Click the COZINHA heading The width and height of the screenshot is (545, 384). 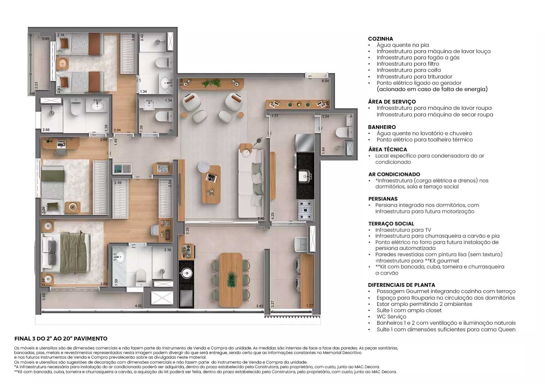tap(380, 39)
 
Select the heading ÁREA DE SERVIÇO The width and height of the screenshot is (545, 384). tap(392, 102)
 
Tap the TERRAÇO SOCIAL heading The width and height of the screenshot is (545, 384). tap(391, 223)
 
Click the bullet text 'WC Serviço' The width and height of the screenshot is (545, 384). tap(392, 317)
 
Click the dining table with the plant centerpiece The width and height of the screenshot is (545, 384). tap(231, 280)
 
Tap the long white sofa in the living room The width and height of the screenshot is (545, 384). tap(251, 184)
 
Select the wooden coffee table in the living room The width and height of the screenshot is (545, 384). tap(211, 184)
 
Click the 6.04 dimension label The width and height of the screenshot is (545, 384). tap(325, 81)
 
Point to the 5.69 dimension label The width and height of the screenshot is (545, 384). tap(181, 82)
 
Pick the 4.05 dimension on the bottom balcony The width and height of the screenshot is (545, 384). tap(138, 306)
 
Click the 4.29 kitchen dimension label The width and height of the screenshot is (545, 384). tap(272, 216)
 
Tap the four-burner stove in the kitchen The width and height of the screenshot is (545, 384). tap(305, 210)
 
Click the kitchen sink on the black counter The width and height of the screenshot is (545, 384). tap(305, 175)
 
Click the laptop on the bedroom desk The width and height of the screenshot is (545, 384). tap(61, 144)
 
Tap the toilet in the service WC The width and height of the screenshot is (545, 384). tap(343, 133)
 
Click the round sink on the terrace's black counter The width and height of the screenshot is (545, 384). tap(186, 274)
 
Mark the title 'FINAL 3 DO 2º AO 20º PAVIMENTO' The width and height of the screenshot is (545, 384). tap(61, 339)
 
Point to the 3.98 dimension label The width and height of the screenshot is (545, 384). tap(133, 38)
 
